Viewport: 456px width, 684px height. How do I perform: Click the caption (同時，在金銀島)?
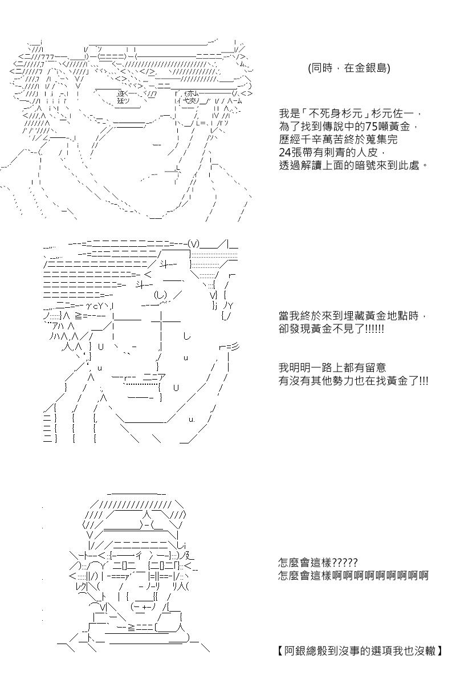click(x=349, y=68)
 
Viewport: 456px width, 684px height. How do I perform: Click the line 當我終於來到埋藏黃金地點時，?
click(x=352, y=316)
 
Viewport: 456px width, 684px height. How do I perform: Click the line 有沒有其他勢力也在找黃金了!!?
click(x=353, y=380)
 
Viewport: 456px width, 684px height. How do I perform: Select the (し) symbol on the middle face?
click(x=160, y=295)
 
